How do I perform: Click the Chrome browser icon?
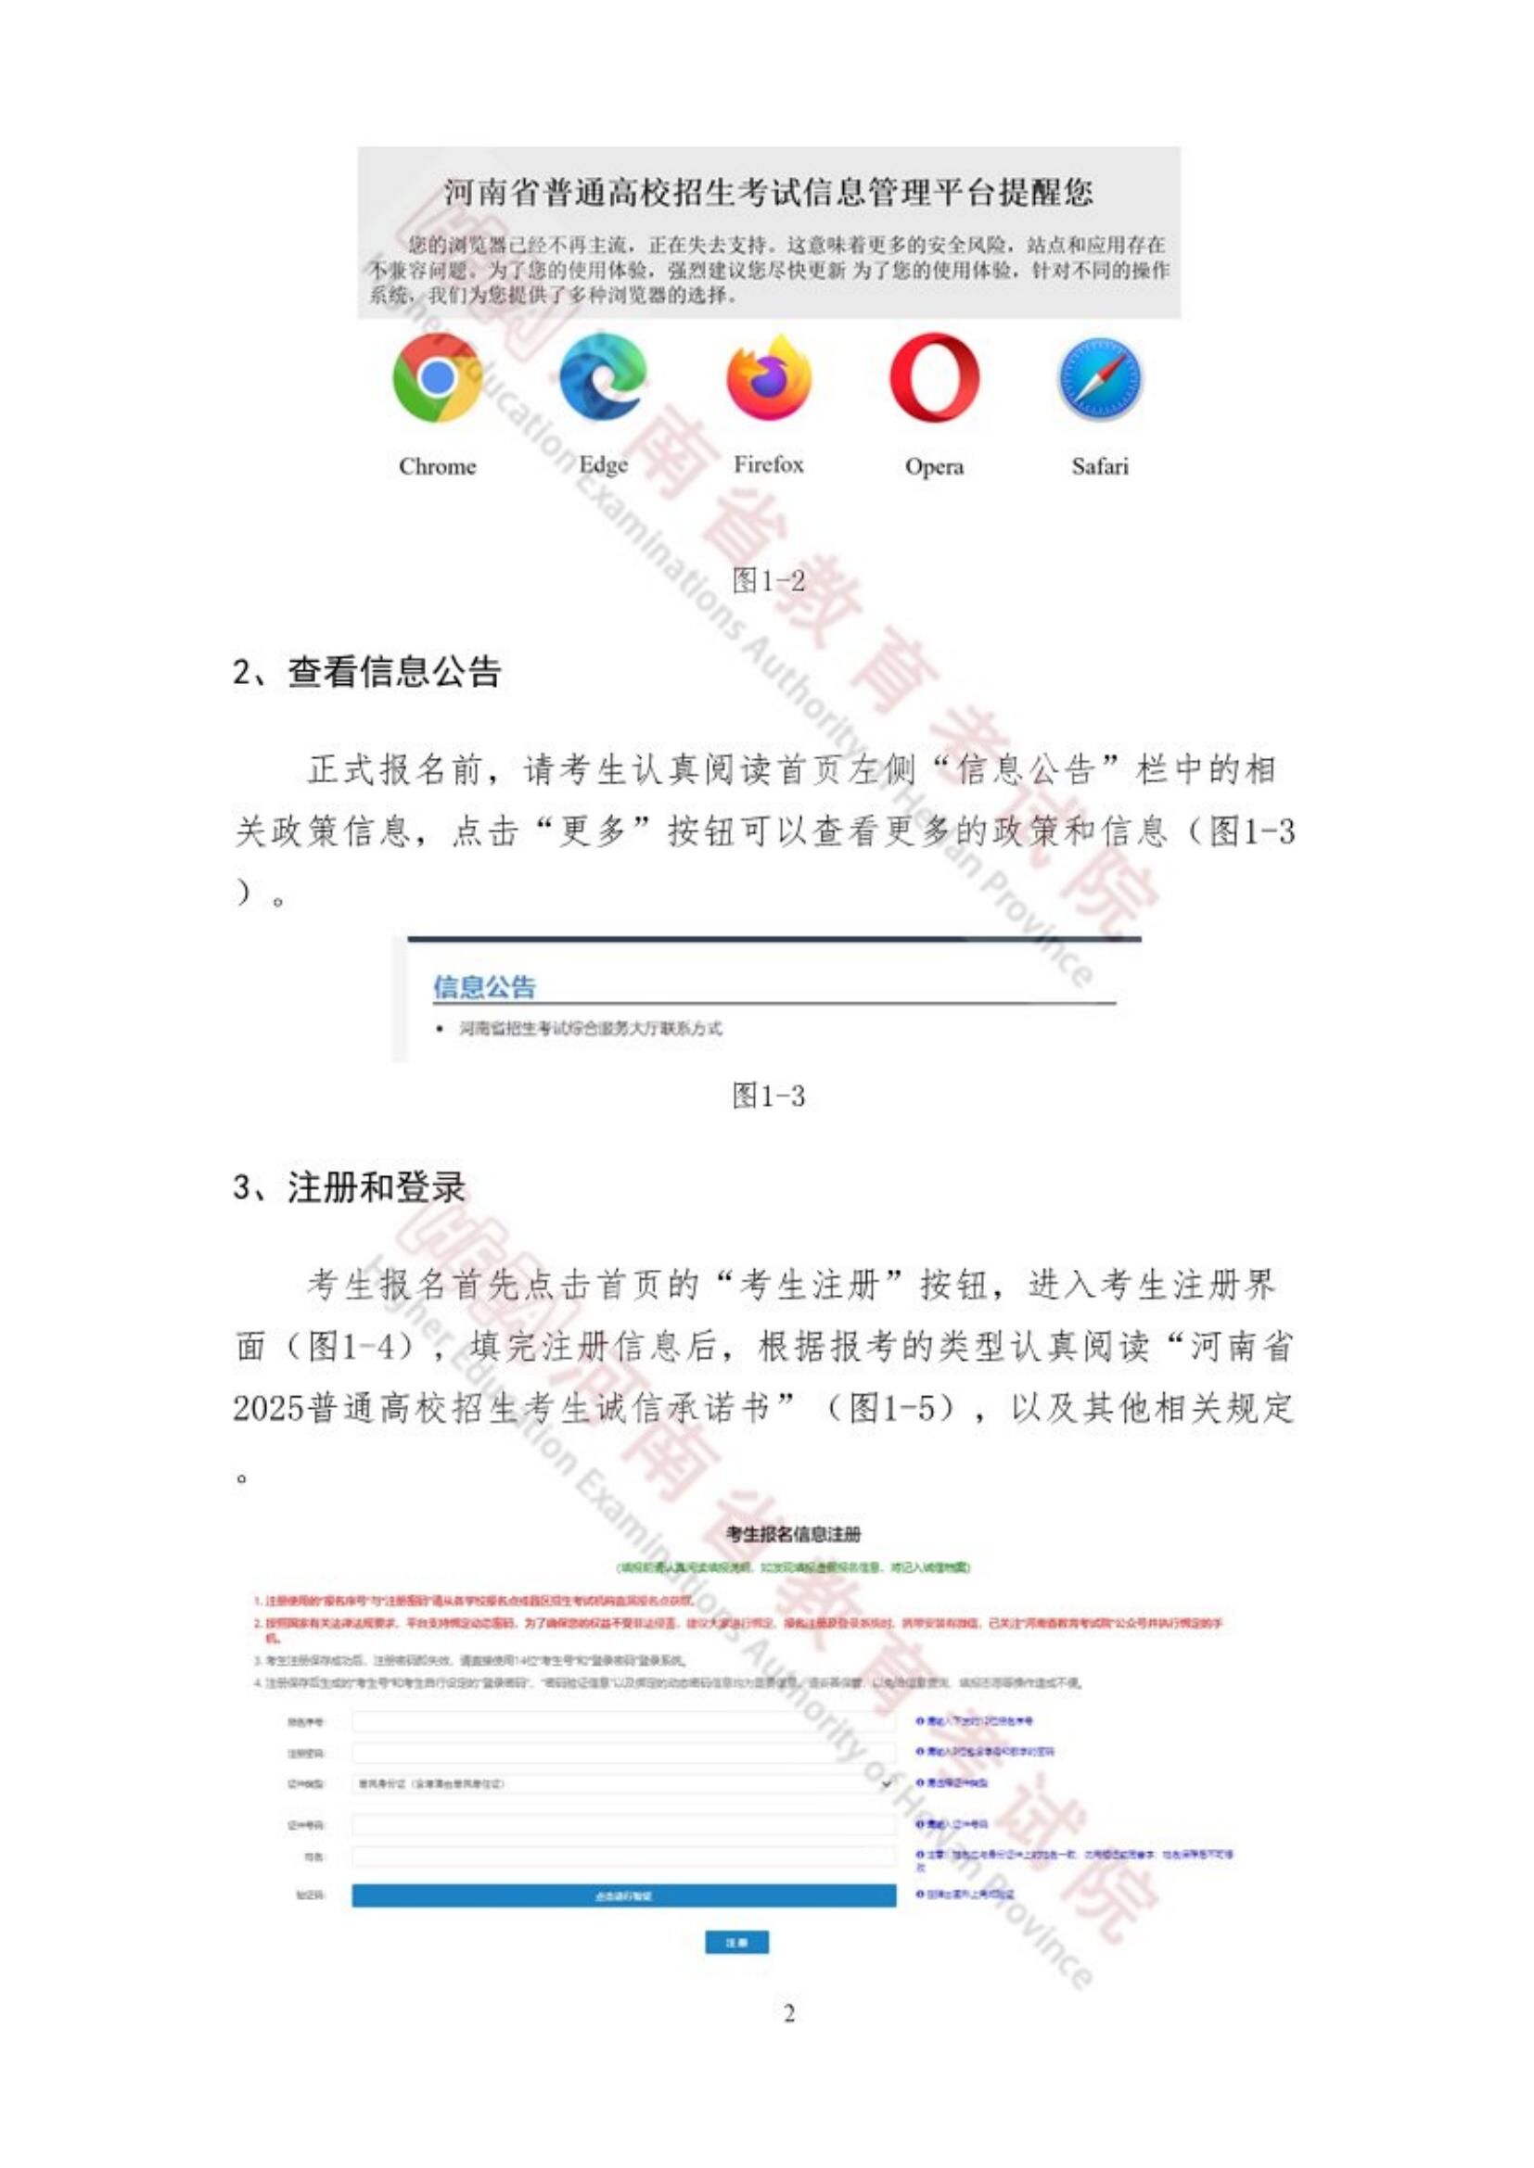(x=437, y=377)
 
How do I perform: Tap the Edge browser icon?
(x=603, y=377)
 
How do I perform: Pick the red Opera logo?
(x=934, y=377)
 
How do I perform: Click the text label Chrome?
(x=438, y=466)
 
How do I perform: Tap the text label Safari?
(x=1100, y=466)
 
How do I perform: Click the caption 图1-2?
(x=769, y=581)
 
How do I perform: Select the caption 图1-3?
(x=769, y=1097)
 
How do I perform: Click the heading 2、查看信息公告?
(x=366, y=672)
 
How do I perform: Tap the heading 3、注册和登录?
(x=350, y=1188)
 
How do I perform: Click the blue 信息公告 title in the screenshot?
(x=484, y=988)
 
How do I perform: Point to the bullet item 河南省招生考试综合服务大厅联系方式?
(x=591, y=1028)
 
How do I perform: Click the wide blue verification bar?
(x=623, y=1895)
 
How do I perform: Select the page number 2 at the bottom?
(x=789, y=2013)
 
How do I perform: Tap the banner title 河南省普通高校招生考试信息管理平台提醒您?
(x=769, y=193)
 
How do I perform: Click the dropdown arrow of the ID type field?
(x=887, y=1783)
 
